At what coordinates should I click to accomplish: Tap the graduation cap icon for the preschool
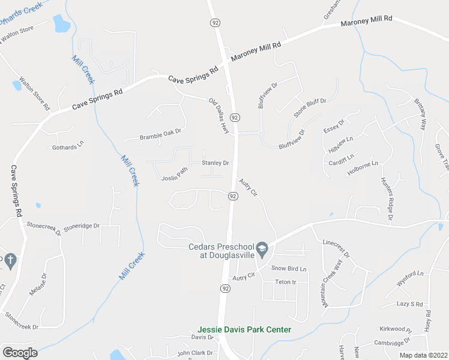pyautogui.click(x=262, y=248)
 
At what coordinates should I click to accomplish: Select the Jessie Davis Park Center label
pyautogui.click(x=244, y=329)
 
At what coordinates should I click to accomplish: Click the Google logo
pyautogui.click(x=20, y=353)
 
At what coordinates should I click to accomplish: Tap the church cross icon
pyautogui.click(x=10, y=260)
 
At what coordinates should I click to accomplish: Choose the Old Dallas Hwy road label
pyautogui.click(x=220, y=112)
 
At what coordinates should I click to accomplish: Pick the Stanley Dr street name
pyautogui.click(x=215, y=163)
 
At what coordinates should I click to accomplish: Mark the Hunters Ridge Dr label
pyautogui.click(x=385, y=199)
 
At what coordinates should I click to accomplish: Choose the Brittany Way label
pyautogui.click(x=420, y=116)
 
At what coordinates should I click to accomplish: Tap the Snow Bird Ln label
pyautogui.click(x=289, y=268)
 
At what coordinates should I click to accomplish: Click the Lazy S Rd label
pyautogui.click(x=410, y=304)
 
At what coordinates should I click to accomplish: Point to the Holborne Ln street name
pyautogui.click(x=362, y=169)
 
